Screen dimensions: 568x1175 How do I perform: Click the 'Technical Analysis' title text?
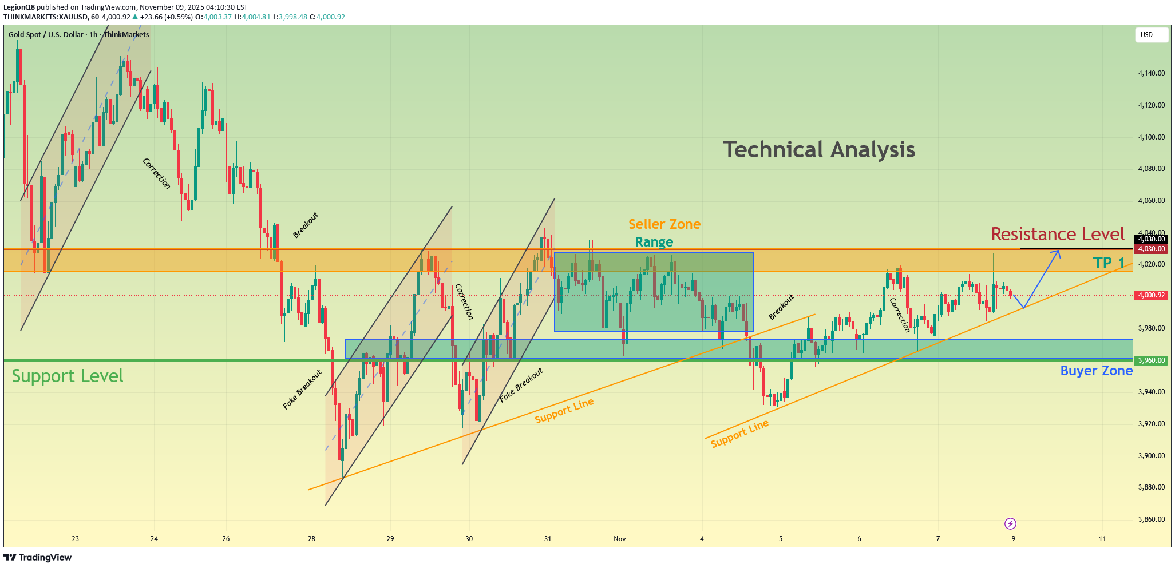[x=819, y=150]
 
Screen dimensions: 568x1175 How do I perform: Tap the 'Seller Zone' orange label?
[x=664, y=224]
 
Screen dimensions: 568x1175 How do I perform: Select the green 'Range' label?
[x=654, y=242]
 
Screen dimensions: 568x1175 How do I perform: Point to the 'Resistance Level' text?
[x=1058, y=234]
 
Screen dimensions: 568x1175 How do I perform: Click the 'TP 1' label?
[x=1109, y=263]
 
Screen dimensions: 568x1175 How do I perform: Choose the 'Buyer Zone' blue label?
[x=1096, y=371]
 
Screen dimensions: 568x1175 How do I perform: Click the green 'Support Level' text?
[x=68, y=376]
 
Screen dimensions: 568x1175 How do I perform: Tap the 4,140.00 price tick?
[x=1152, y=73]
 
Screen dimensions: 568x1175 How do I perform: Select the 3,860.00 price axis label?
[x=1152, y=519]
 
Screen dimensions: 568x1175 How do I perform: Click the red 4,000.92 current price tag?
[x=1151, y=295]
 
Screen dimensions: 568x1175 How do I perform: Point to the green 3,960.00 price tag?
[x=1151, y=360]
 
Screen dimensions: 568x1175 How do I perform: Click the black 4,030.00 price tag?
[x=1151, y=239]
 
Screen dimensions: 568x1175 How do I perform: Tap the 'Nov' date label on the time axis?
[x=620, y=539]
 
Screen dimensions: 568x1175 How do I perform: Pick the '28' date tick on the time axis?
[x=311, y=539]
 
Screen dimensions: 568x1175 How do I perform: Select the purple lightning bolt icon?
[x=1010, y=523]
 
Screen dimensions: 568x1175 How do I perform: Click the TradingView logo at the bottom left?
[x=38, y=557]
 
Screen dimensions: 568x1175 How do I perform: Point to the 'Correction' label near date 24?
[x=156, y=173]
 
